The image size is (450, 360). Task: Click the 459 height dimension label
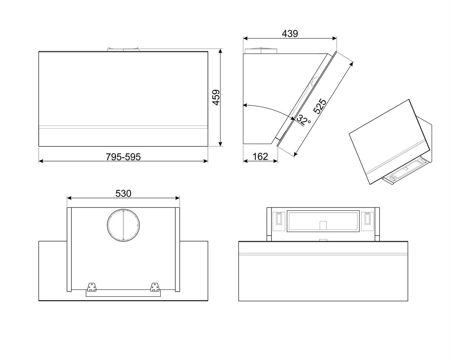click(216, 97)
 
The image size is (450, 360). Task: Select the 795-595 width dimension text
click(123, 157)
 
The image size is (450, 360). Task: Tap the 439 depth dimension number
click(290, 34)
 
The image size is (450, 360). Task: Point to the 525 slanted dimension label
click(319, 106)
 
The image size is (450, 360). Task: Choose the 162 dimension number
click(260, 157)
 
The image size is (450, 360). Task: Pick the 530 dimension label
click(123, 193)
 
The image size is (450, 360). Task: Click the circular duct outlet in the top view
click(123, 225)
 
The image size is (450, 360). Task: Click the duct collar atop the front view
click(124, 49)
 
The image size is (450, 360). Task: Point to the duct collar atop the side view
click(261, 50)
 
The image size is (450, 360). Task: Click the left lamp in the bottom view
click(279, 218)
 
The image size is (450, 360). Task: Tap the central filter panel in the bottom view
click(323, 221)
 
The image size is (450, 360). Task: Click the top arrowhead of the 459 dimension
click(220, 51)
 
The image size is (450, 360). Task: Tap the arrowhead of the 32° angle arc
click(245, 105)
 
